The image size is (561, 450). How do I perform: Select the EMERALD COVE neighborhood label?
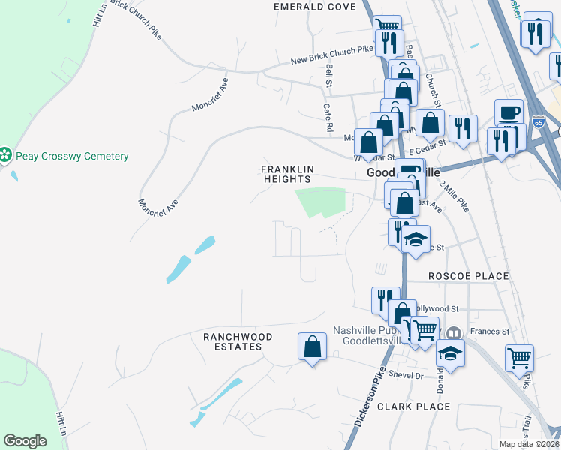304,7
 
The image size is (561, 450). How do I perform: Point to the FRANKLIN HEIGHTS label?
287,174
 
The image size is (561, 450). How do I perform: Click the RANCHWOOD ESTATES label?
233,341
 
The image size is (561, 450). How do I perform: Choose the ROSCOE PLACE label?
468,277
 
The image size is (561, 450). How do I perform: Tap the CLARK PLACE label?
413,406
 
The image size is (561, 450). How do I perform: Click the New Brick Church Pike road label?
331,55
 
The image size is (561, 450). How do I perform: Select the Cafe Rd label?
327,115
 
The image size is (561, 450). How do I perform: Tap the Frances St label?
489,331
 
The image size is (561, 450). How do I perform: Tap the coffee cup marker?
509,112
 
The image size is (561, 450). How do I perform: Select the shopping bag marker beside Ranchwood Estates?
312,346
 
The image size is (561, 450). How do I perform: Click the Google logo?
25,441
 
